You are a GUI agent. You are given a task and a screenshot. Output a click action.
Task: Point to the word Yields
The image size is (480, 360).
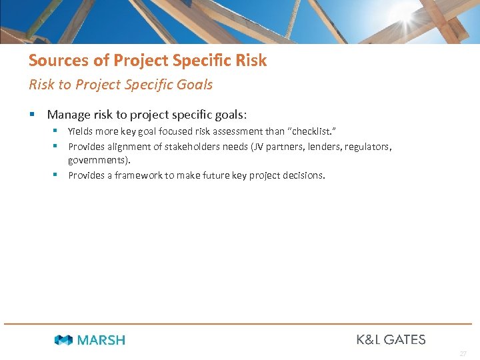[x=81, y=132]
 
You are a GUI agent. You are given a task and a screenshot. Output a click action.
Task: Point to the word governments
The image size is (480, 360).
[x=99, y=161]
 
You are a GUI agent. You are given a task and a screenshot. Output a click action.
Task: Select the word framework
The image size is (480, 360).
[x=139, y=175]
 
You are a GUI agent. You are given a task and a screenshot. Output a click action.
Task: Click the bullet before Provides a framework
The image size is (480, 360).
[x=58, y=175]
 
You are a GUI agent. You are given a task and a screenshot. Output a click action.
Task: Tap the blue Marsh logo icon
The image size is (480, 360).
[x=63, y=340]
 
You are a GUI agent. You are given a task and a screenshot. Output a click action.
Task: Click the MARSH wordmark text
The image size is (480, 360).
[x=101, y=340]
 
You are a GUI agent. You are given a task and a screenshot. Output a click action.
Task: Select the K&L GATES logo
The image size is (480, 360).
[x=391, y=339]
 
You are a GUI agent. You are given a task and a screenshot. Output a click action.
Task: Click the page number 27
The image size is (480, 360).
[x=463, y=353]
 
